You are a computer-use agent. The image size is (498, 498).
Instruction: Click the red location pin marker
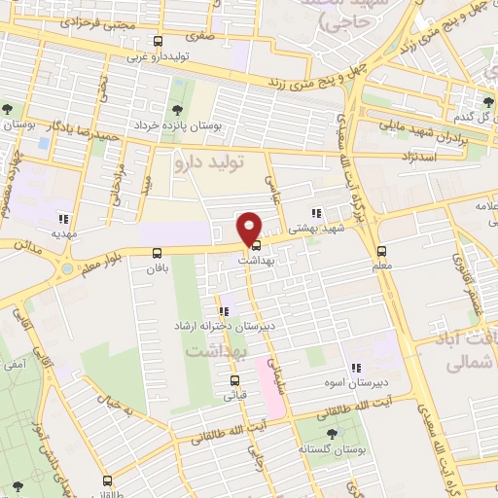[249, 229]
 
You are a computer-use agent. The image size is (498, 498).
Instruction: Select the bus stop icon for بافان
[157, 253]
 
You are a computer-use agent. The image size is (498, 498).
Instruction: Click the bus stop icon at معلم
[381, 250]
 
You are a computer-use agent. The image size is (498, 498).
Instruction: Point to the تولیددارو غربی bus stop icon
[159, 41]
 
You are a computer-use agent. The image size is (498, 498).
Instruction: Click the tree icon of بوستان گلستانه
[332, 434]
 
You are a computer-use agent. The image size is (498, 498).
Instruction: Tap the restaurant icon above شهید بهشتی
[316, 213]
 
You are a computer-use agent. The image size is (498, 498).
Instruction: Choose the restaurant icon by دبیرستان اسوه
[356, 368]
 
